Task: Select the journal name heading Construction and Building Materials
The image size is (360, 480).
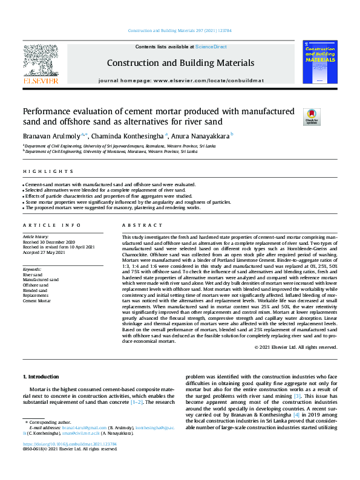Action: pos(180,62)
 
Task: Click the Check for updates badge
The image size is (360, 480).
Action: pos(295,116)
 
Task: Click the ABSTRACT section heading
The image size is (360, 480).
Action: pos(137,224)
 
